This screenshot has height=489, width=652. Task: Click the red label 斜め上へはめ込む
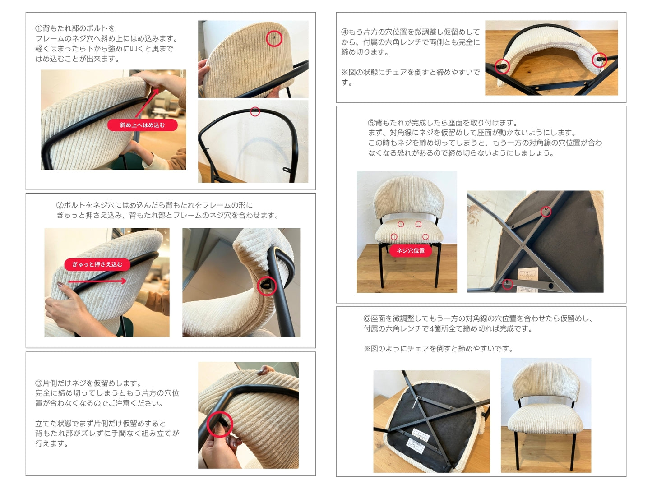[142, 125]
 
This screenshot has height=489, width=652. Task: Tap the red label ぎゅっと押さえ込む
[97, 264]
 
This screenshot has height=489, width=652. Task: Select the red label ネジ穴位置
[411, 250]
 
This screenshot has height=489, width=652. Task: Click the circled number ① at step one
[39, 28]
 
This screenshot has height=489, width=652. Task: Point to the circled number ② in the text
[60, 205]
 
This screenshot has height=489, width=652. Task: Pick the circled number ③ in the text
[39, 383]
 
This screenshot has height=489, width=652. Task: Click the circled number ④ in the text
[345, 32]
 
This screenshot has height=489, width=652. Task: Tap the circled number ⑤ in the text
[372, 123]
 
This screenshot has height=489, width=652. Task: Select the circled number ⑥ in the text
[367, 318]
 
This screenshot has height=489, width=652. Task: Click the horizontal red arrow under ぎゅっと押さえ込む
[97, 281]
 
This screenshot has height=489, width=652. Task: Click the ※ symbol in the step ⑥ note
[367, 349]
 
